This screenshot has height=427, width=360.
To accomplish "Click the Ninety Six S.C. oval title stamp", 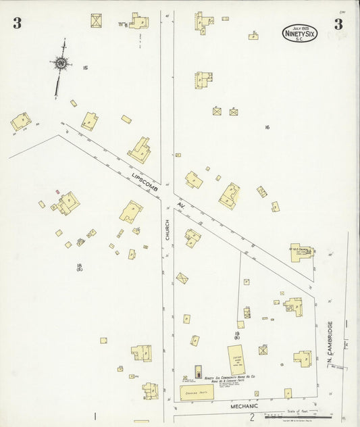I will coord(299,33).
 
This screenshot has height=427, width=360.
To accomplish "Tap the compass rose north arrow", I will coord(61,64).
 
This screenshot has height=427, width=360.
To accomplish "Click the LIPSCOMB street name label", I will coord(144,183).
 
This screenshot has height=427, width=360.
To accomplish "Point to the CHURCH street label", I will coord(168,230).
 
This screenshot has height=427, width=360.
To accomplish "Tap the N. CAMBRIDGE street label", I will coord(330,341).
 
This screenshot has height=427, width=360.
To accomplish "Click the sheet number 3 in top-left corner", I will coord(16,24).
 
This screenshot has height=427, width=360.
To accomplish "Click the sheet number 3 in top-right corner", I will coord(338,24).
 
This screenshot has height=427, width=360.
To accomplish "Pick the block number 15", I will coord(86,68).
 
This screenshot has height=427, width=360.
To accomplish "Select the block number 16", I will coord(267,127).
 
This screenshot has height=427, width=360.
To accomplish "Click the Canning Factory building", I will coord(196,392).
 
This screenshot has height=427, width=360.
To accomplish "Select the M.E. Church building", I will coord(301,252).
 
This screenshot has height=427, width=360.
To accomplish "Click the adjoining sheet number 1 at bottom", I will coord(95,416).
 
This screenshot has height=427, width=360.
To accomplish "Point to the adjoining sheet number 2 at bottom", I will coord(251,417).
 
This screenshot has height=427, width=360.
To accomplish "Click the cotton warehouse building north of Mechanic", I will coord(236,359).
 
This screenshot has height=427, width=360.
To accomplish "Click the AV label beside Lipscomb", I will coord(181,204).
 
